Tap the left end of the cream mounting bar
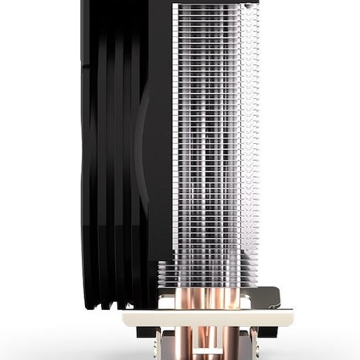[x=128, y=317]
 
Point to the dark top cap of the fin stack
[x=209, y=3]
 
